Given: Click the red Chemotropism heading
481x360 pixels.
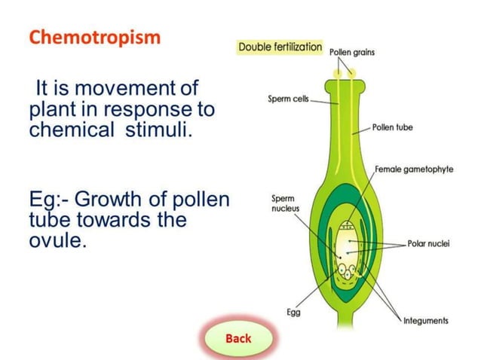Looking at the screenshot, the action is coord(95,38).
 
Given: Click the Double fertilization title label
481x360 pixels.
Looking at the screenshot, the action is coord(280,47).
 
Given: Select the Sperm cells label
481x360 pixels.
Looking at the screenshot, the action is coord(287,100).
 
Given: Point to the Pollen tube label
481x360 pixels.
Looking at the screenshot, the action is coord(393,128).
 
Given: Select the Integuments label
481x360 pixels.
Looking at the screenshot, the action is coord(426,320).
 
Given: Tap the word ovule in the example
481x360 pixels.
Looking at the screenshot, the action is coord(54,242).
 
